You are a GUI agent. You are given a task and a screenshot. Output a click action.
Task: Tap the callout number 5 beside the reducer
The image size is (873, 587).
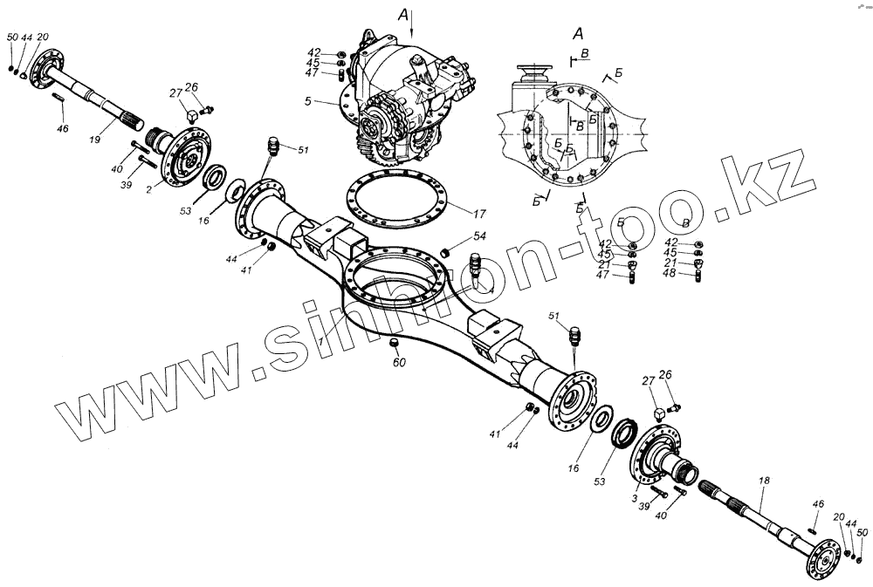coord(333,103)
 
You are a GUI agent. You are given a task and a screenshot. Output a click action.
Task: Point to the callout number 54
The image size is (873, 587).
coord(479,236)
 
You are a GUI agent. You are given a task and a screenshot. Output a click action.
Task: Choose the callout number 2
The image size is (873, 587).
coord(149,188)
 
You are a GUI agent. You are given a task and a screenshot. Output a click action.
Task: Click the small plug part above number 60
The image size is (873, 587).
coord(395,340)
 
